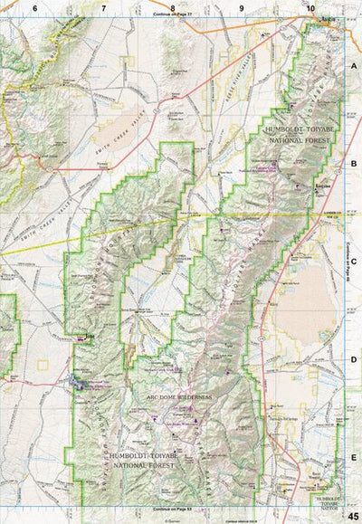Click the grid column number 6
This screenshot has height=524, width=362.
(34, 8)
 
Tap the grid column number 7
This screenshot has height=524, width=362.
(103, 8)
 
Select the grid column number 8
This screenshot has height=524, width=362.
(172, 8)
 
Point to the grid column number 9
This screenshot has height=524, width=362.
(242, 8)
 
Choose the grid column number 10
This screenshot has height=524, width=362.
(310, 8)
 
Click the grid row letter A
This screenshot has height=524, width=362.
(355, 67)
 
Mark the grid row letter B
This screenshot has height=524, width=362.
(355, 164)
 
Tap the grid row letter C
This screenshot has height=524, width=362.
(355, 261)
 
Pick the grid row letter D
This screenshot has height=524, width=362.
(355, 358)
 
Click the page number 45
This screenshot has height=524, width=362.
(353, 515)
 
